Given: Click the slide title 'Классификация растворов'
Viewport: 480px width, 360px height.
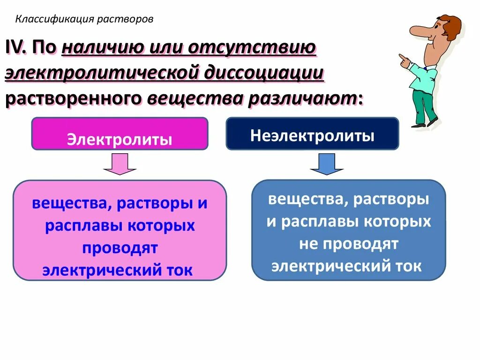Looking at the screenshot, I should coord(84,19).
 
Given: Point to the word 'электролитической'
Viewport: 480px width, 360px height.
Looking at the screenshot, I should coord(103,74).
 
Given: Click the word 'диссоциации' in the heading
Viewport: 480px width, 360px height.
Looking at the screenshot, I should coord(265,74).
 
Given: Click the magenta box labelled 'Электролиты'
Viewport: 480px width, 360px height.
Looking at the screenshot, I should coord(120,134).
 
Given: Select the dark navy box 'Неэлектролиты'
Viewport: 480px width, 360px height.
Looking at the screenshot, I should coord(312,134).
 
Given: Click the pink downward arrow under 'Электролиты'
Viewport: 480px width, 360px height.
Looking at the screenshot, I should coord(120,164).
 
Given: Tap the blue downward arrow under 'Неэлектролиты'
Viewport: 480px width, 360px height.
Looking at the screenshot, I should coord(327,164).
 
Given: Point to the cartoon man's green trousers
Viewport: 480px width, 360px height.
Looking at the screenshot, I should coord(424,105).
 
